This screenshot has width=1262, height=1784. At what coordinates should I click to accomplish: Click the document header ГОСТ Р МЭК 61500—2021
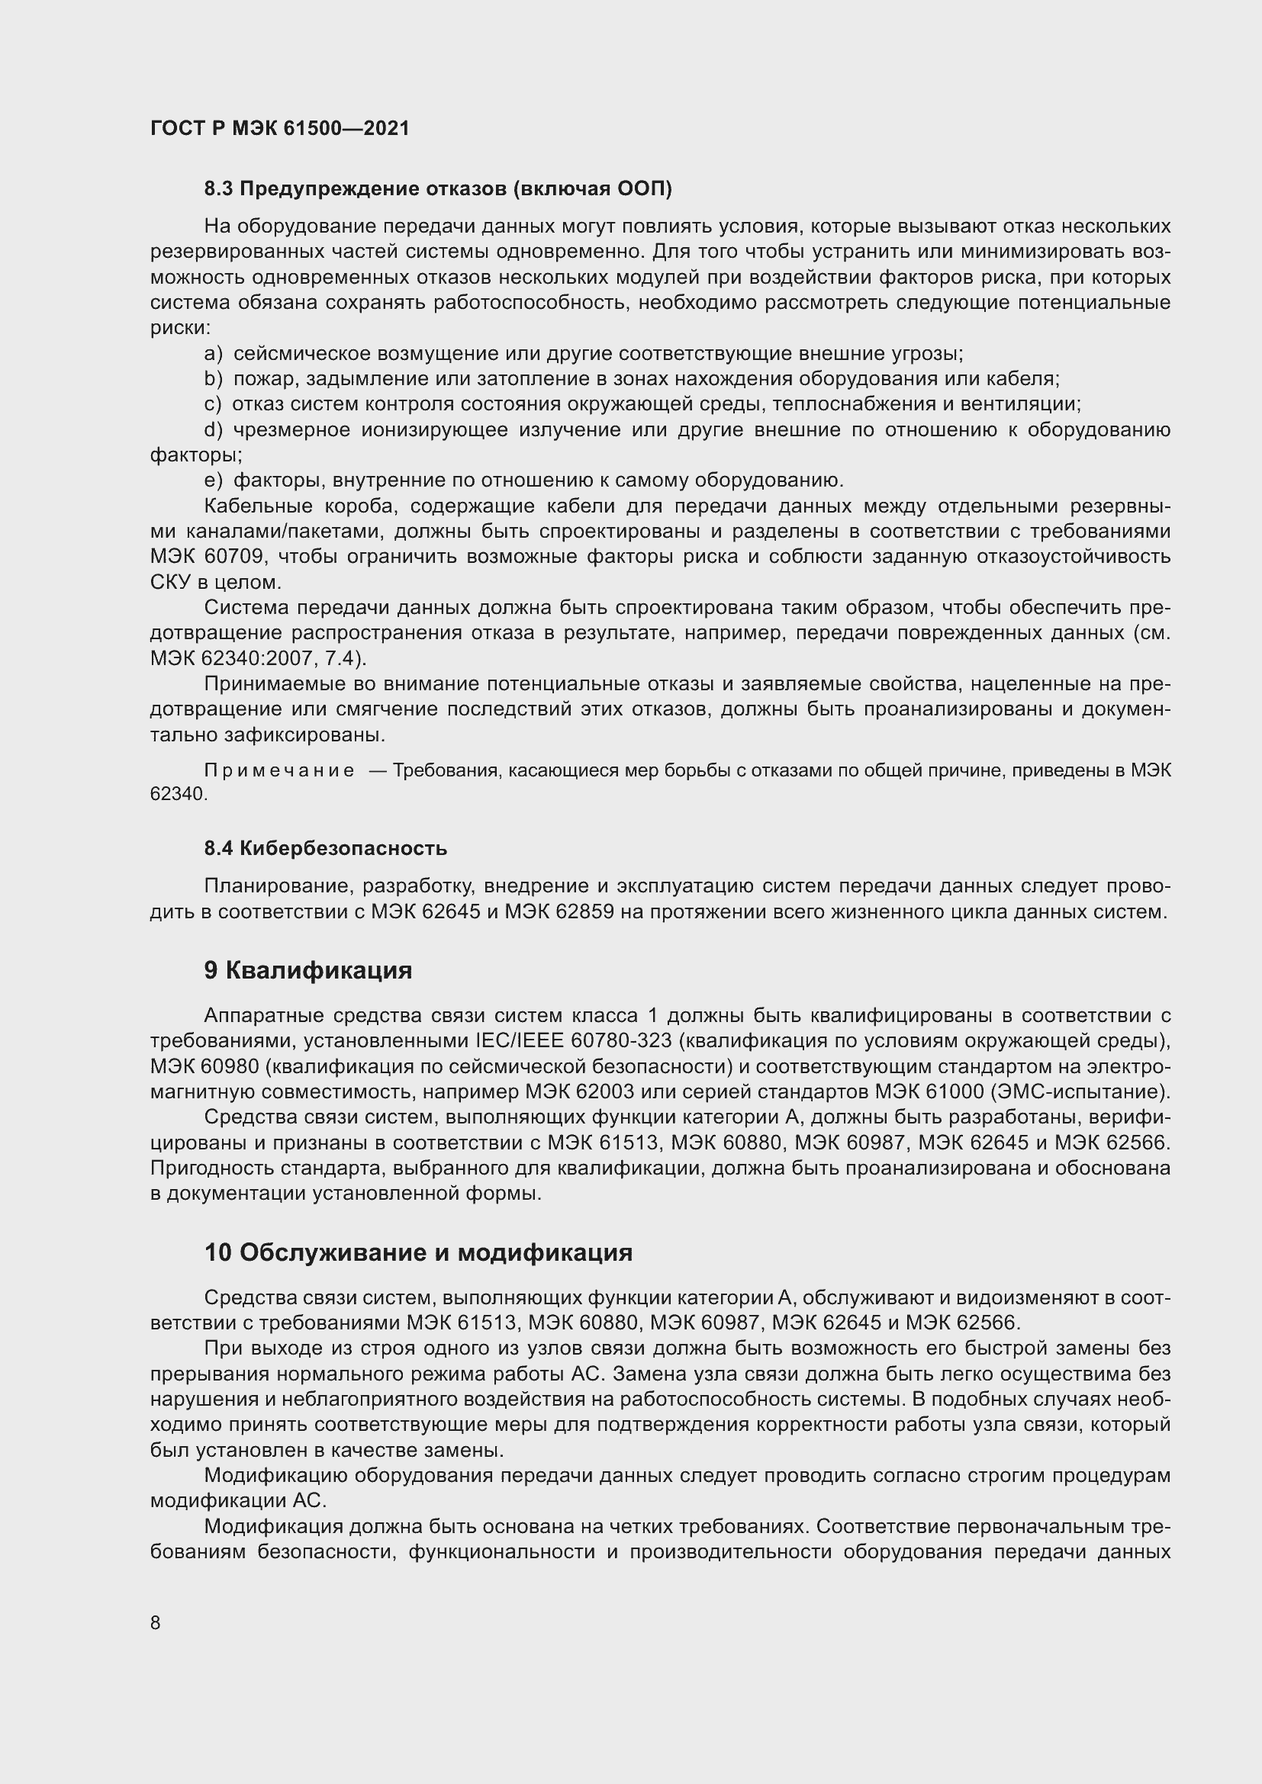point(280,128)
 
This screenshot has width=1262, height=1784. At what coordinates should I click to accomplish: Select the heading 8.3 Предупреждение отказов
point(437,189)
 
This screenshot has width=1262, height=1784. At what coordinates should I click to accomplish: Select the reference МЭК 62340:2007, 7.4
point(256,658)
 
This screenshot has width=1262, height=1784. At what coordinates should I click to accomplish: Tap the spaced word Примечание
point(279,770)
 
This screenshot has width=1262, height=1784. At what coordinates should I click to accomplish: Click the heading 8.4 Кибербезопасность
point(325,847)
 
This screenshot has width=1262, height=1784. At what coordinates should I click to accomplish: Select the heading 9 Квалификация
point(307,970)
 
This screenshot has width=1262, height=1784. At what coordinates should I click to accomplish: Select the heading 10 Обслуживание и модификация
point(418,1252)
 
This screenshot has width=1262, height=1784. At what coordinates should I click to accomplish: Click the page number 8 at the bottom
point(156,1622)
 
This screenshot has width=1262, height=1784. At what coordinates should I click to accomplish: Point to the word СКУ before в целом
point(167,582)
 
